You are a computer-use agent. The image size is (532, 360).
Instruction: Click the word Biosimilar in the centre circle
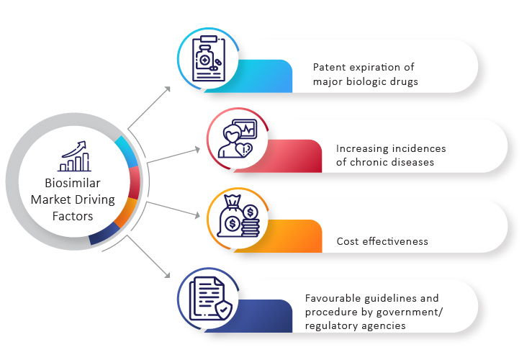(x=73, y=183)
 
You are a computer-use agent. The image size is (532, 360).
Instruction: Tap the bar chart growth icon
(x=74, y=156)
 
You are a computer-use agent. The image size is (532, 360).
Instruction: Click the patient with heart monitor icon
(x=238, y=138)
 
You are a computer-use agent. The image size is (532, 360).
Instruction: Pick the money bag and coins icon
(x=238, y=216)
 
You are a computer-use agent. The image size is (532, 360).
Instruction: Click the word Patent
(x=329, y=67)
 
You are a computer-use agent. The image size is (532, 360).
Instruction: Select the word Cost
(x=348, y=241)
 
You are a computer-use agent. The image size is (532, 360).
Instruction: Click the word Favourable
(x=333, y=298)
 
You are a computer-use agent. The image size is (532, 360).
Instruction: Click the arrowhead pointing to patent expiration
(x=167, y=89)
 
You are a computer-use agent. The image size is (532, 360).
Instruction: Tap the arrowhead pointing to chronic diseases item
(x=197, y=149)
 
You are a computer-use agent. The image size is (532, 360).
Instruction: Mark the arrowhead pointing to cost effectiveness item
(x=197, y=215)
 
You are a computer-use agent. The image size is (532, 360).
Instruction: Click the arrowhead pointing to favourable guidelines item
(x=167, y=275)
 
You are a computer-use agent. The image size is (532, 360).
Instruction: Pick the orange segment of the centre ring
(x=127, y=212)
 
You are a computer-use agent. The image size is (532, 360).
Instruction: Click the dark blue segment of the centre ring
(x=104, y=235)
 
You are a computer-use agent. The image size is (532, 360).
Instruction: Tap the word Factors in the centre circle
(x=73, y=216)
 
